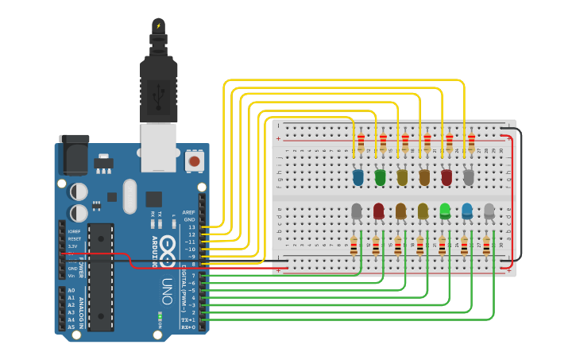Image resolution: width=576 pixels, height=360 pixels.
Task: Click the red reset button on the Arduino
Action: pyautogui.click(x=193, y=161)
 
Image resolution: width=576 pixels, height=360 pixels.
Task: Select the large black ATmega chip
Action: pyautogui.click(x=101, y=277)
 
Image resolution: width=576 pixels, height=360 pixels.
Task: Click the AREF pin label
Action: pyautogui.click(x=188, y=212)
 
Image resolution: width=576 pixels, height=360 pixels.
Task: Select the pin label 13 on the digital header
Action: pyautogui.click(x=190, y=227)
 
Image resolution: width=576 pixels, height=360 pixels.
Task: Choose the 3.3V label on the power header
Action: pyautogui.click(x=72, y=246)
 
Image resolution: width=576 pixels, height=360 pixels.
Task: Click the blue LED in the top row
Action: pyautogui.click(x=358, y=176)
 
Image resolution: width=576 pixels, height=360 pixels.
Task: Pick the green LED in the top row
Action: pyautogui.click(x=380, y=176)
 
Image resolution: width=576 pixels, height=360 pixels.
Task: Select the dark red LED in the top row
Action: pyautogui.click(x=446, y=176)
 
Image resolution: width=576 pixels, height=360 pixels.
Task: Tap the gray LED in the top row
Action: pyautogui.click(x=469, y=176)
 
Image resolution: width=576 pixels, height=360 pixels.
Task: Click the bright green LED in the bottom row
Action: pyautogui.click(x=445, y=211)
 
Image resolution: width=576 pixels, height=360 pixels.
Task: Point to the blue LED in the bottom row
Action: pyautogui.click(x=467, y=211)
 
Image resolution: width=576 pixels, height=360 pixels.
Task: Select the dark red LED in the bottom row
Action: pyautogui.click(x=378, y=211)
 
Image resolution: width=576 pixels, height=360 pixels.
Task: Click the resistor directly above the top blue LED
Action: pyautogui.click(x=361, y=143)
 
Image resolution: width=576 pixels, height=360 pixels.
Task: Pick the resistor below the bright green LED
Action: pyautogui.click(x=442, y=246)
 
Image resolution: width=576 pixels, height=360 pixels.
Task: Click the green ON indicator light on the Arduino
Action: pyautogui.click(x=160, y=318)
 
